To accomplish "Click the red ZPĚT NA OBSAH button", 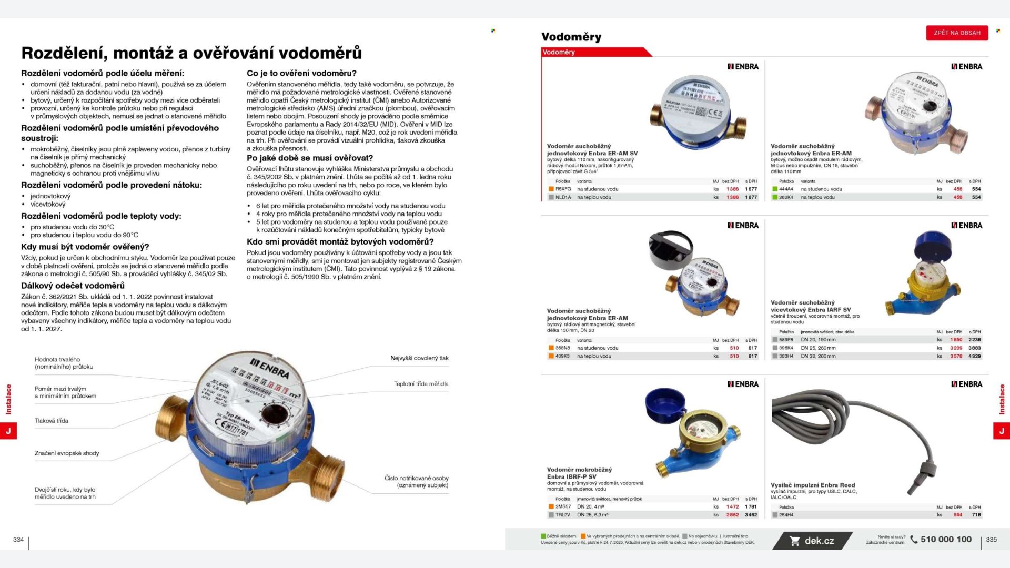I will tap(957, 33).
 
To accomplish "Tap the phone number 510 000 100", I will tap(945, 539).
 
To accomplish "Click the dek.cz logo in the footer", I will tap(813, 541).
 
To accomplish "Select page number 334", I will tap(18, 539).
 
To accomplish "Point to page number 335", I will tap(991, 539).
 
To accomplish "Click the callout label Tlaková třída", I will tap(52, 421).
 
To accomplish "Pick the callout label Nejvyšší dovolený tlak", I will tap(419, 358).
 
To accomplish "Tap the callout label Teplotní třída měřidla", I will tap(421, 384).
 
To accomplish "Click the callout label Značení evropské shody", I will tap(67, 453).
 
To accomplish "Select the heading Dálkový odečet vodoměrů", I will tap(73, 286).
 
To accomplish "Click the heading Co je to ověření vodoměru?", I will tap(301, 73).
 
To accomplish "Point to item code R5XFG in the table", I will tap(563, 189).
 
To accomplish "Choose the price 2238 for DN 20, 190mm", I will tap(974, 340).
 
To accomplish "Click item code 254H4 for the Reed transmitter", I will tap(786, 515).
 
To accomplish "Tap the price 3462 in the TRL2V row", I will tap(751, 515).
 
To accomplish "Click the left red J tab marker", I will tap(8, 431).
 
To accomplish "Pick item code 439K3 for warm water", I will tap(563, 356).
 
